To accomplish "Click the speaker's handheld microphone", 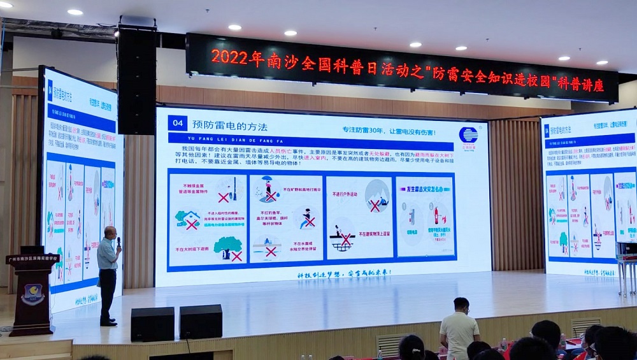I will click(118, 241).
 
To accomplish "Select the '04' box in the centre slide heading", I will click(178, 124).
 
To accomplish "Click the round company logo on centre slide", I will click(468, 135).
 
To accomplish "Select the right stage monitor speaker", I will click(201, 321).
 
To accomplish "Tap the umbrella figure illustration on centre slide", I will click(268, 189).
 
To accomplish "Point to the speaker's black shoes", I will click(108, 322).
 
